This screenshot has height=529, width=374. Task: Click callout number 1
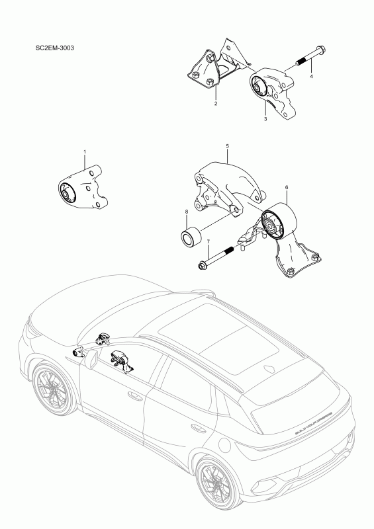click(85, 152)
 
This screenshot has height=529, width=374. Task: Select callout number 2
click(216, 104)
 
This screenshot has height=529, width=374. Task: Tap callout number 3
click(265, 119)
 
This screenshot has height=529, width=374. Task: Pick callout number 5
click(227, 145)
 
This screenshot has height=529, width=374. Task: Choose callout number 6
click(286, 188)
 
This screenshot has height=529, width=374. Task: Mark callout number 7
click(208, 242)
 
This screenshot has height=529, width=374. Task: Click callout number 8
click(187, 212)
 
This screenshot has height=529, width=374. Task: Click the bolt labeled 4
click(308, 58)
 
